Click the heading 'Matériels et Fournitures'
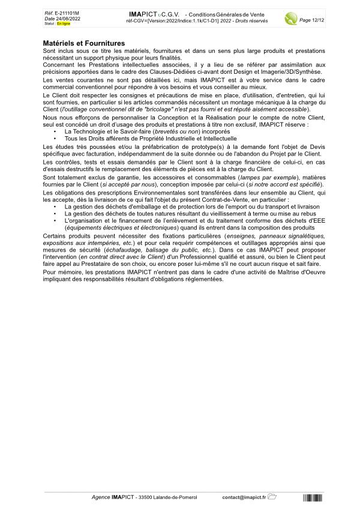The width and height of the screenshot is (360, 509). (84, 43)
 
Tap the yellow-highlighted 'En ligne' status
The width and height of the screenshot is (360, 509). (63, 23)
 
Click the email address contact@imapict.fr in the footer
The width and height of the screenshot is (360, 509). (244, 497)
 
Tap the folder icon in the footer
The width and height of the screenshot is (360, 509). (272, 496)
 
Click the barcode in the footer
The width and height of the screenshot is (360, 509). (313, 497)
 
